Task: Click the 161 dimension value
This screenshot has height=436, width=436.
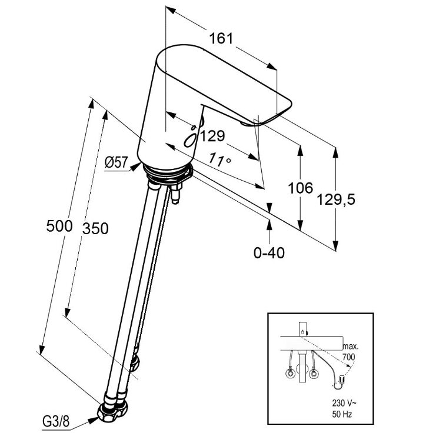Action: [221, 39]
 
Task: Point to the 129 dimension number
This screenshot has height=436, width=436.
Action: [212, 136]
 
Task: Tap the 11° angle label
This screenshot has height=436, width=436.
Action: [219, 159]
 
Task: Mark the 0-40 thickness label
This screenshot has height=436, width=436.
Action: [269, 252]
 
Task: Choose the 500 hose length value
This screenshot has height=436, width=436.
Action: [60, 225]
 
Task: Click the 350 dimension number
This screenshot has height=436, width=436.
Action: [95, 228]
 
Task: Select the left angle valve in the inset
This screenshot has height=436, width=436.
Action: [291, 373]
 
